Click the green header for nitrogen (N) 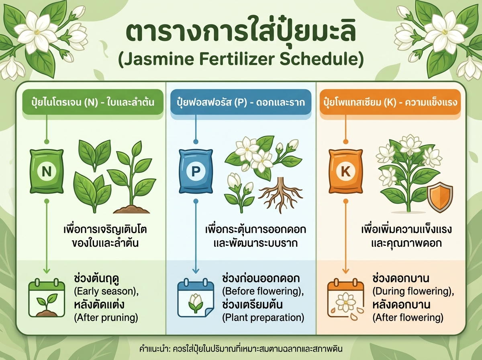88,102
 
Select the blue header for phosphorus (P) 241,102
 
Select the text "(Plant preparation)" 263,318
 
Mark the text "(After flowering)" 408,318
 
